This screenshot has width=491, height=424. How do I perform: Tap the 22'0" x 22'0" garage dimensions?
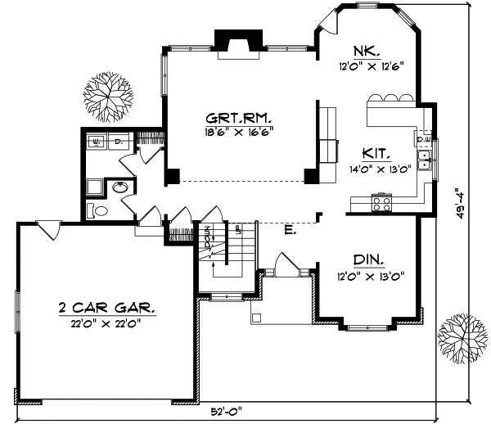107,323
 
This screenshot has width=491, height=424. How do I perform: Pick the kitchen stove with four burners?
382,201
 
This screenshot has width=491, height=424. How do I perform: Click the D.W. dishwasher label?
424,139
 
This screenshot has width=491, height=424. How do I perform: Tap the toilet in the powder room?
97,211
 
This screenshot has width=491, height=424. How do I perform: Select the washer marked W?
97,141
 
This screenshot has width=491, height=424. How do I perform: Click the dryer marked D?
117,141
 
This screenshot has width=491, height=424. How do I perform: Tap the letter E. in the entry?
289,231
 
